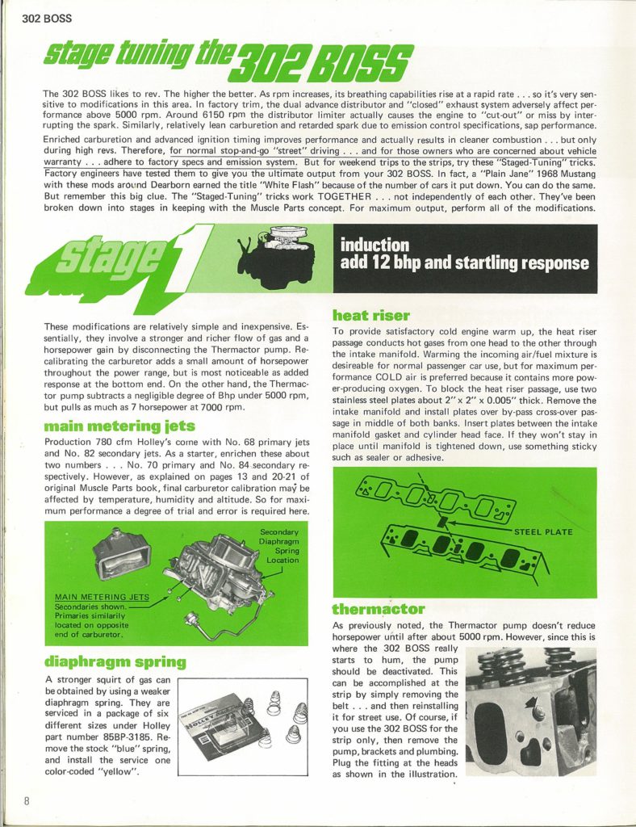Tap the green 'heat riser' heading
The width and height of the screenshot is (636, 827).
371,316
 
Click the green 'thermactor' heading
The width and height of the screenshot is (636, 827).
379,608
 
